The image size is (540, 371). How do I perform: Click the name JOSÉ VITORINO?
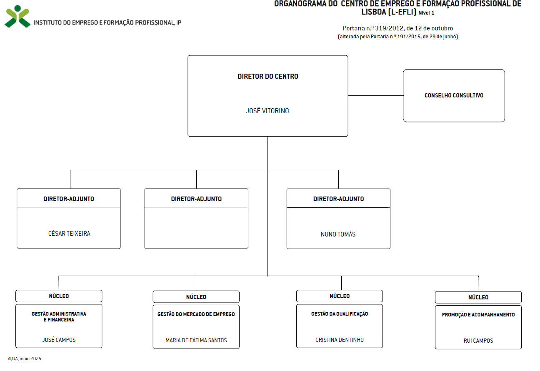click(x=267, y=111)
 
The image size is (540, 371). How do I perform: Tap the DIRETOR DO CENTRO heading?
click(x=268, y=76)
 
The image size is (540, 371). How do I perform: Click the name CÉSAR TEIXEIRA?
click(x=69, y=234)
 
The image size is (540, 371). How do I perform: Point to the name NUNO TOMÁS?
click(x=338, y=234)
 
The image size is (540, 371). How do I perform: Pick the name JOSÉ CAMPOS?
click(x=59, y=340)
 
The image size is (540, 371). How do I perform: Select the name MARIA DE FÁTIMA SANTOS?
click(x=196, y=340)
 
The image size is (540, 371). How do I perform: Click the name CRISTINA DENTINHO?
click(x=340, y=340)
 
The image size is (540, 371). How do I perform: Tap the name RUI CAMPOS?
click(x=478, y=341)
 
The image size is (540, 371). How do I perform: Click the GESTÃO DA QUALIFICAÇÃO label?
click(x=340, y=314)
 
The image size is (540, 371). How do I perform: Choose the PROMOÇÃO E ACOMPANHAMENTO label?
click(x=478, y=315)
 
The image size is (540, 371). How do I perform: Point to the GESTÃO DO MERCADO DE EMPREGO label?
click(x=196, y=314)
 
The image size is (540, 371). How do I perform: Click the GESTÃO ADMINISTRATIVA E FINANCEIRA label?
click(x=59, y=316)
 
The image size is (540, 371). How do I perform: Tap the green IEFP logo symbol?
click(x=17, y=16)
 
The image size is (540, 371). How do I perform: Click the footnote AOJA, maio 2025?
click(x=24, y=359)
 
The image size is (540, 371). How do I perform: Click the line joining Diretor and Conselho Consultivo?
click(x=375, y=96)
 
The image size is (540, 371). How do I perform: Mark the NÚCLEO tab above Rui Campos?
click(x=478, y=297)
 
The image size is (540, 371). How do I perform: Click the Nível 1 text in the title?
click(x=426, y=13)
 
